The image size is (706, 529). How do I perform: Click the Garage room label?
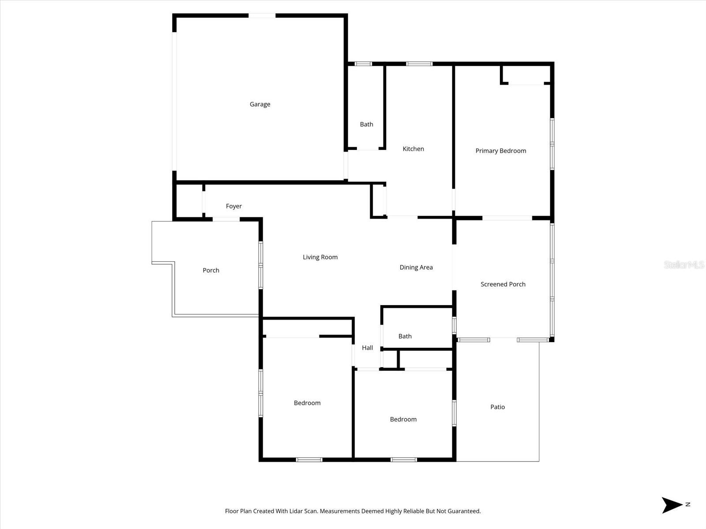(x=260, y=104)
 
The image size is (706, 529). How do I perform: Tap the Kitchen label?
(x=413, y=149)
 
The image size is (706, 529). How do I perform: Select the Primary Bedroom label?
(x=500, y=151)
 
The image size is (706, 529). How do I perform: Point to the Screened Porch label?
(x=503, y=284)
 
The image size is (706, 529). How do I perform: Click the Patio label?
(x=497, y=407)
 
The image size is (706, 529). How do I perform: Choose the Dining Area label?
(x=416, y=267)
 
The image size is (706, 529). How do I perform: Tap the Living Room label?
(x=320, y=257)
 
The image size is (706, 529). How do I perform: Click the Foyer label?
(x=233, y=206)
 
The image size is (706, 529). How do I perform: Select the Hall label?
(x=367, y=348)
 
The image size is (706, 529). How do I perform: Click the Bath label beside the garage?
(x=366, y=124)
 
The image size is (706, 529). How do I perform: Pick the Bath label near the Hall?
(x=405, y=336)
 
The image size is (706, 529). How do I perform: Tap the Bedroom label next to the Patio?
(x=403, y=419)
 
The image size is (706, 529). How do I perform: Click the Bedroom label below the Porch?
(x=307, y=403)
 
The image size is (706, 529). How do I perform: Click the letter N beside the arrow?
(x=687, y=504)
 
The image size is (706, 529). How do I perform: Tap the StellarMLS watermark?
(x=683, y=264)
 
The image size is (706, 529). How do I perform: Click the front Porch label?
(x=211, y=270)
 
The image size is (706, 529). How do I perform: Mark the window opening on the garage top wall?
(x=262, y=16)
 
